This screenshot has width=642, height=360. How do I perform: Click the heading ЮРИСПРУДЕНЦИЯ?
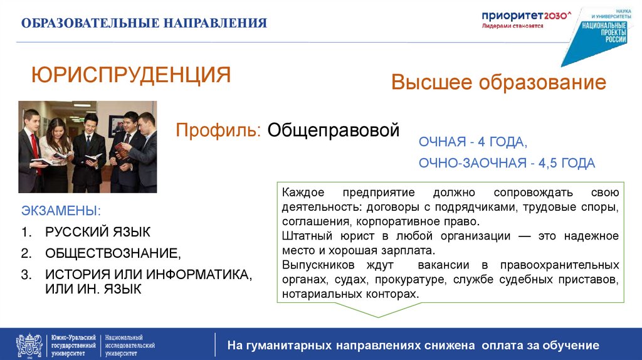click(x=131, y=75)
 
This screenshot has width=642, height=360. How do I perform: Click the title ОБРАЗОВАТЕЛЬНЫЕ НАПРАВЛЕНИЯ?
click(x=144, y=24)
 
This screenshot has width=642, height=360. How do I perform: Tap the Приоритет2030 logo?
click(x=527, y=18)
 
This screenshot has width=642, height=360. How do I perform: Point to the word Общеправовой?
click(x=333, y=130)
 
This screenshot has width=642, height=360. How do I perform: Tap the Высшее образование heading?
click(x=498, y=82)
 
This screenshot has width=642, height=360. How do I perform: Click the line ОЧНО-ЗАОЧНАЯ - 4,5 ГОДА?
click(x=507, y=163)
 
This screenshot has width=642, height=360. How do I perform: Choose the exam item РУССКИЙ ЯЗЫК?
click(x=97, y=232)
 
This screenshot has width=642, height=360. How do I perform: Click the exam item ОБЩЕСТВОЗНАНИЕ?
click(x=112, y=253)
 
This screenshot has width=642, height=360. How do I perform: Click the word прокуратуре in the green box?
click(x=407, y=279)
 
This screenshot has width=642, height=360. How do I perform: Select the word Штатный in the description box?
click(x=304, y=236)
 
